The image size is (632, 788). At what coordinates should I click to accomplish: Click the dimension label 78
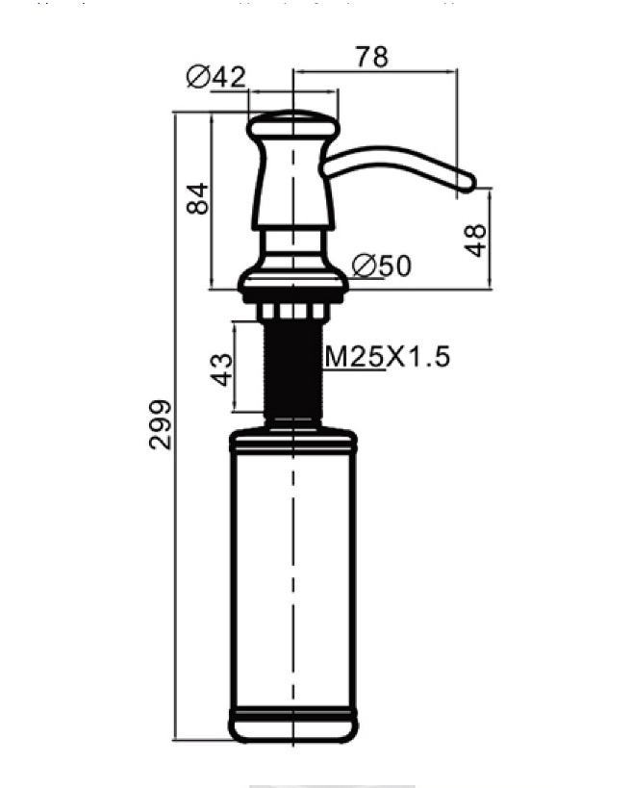coord(372,57)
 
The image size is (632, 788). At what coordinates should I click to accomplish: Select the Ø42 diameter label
coord(216,77)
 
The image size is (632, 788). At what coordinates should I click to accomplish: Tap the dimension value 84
coord(197,198)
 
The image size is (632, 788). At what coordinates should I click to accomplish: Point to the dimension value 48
coord(475,241)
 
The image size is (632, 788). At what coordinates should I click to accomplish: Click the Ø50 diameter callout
coord(382,266)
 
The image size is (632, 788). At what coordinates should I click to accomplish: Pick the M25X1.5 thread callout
coord(388,357)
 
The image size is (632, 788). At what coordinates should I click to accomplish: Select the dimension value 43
coord(221,369)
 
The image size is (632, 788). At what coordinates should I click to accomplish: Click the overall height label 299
coord(161,424)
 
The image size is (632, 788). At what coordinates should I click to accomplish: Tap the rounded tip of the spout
coord(468,183)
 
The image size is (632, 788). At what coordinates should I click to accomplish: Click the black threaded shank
coord(292,372)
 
